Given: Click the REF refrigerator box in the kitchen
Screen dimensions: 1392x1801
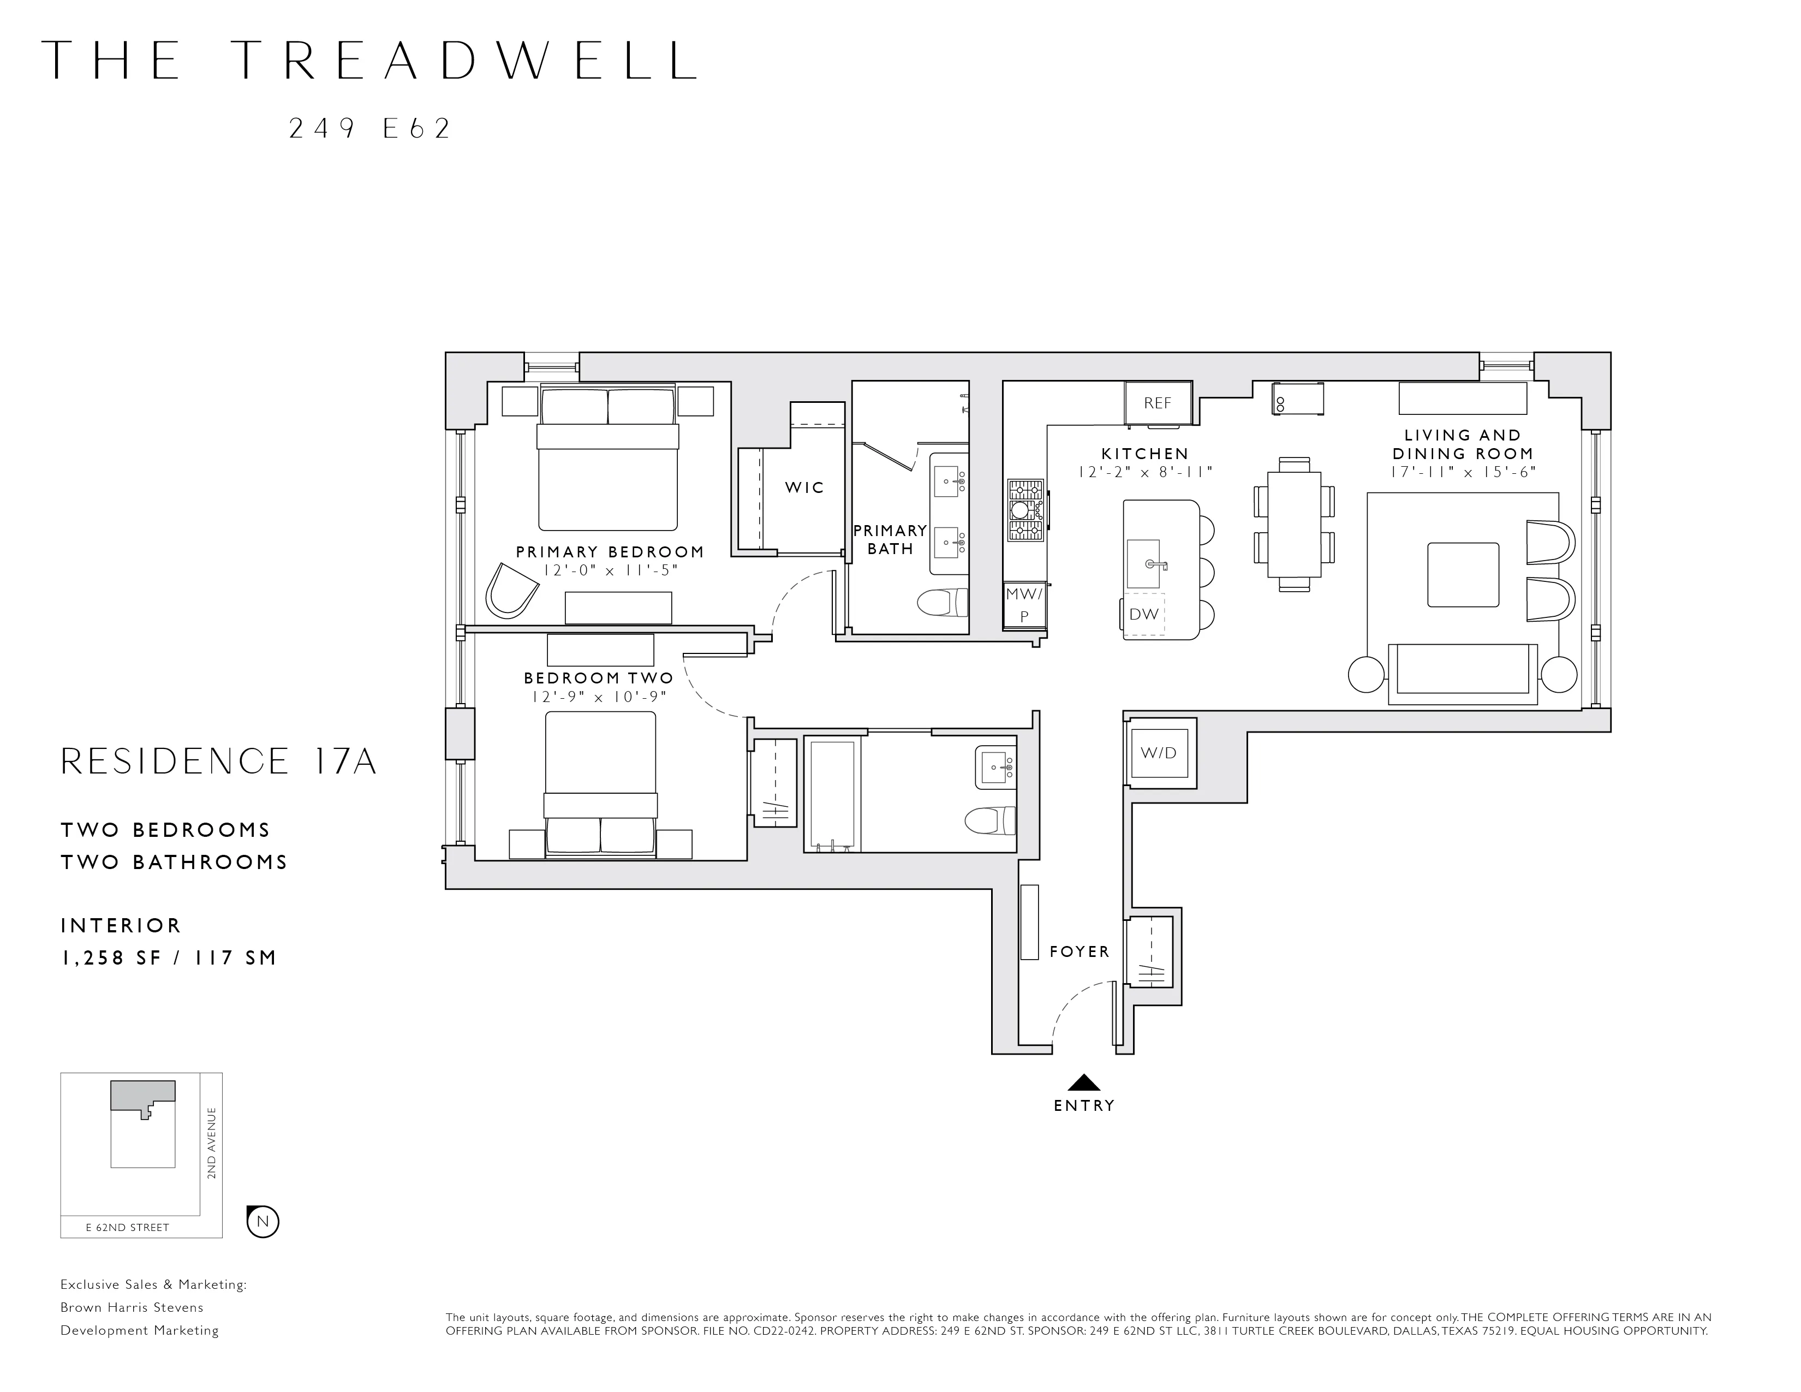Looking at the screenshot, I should click(x=1158, y=402).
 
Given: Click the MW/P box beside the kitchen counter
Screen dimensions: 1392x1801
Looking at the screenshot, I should click(x=1024, y=604).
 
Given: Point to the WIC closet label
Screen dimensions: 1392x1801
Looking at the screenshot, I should click(x=804, y=487).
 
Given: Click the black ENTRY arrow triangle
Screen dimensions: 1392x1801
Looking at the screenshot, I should click(x=1083, y=1083).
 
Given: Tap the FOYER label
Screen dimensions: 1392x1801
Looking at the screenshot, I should click(x=1080, y=951).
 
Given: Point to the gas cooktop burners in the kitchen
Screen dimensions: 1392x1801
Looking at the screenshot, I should click(x=1025, y=510).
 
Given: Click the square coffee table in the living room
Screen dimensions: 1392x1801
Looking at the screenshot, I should click(x=1463, y=575).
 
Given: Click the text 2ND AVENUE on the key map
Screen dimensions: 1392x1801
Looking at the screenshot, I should click(x=212, y=1143).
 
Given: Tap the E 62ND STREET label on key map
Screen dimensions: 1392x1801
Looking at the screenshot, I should click(x=128, y=1227).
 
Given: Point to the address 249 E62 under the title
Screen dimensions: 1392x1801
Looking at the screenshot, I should click(x=369, y=129).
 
